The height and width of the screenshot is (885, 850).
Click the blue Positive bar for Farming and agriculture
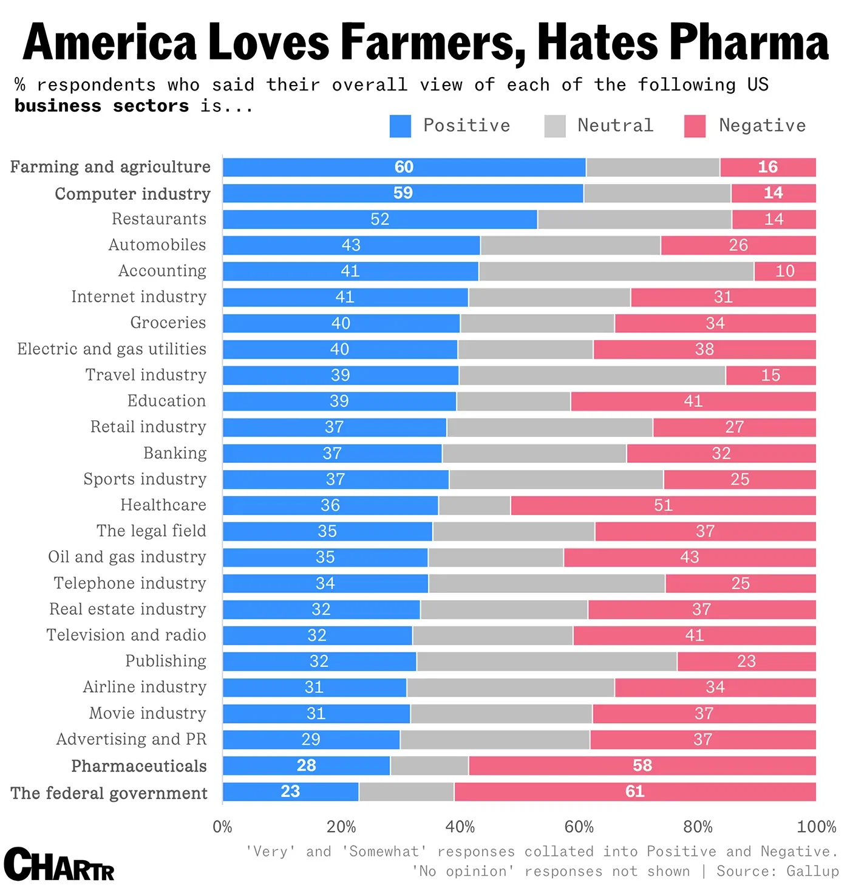point(404,167)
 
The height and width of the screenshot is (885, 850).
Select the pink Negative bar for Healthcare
point(663,505)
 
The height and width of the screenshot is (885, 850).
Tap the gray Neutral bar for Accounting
point(616,271)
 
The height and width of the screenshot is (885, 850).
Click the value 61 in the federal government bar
point(634,791)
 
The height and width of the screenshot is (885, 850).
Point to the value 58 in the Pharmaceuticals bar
point(642,765)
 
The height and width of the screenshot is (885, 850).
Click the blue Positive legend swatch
point(400,126)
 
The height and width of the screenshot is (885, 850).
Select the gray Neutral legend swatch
point(555,126)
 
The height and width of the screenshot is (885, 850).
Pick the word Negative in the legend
point(762,126)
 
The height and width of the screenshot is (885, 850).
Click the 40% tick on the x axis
point(460,827)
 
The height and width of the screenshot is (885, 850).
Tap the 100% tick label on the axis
point(816,827)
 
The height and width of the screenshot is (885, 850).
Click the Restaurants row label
point(159,219)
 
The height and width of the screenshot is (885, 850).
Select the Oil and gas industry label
point(127,557)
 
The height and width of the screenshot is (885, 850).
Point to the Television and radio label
point(126,635)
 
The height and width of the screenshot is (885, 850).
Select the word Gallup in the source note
point(812,871)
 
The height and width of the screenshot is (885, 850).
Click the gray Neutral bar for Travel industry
point(592,375)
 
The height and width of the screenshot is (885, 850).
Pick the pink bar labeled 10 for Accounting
point(784,271)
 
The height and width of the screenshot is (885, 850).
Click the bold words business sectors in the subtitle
point(101,106)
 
